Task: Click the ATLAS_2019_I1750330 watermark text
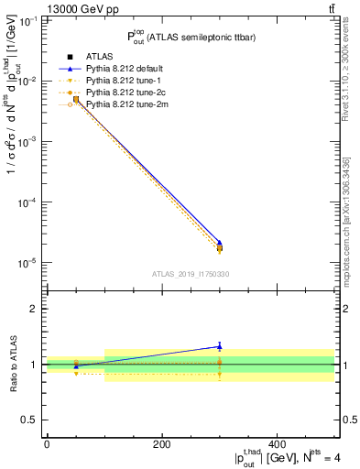pos(190,274)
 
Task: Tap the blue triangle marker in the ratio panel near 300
pos(219,346)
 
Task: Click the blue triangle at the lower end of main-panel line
pos(219,243)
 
